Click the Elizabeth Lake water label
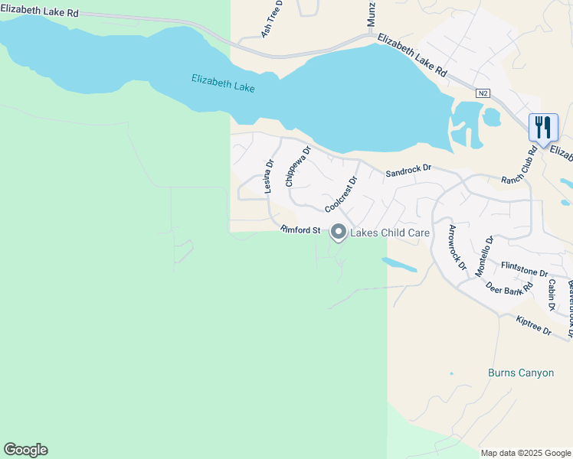click(223, 83)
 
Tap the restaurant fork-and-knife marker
click(543, 128)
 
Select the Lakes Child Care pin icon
click(339, 232)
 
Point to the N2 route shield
click(482, 93)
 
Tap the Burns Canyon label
click(520, 373)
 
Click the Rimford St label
click(300, 229)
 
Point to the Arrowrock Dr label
click(457, 248)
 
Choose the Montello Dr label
click(484, 256)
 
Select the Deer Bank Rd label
click(509, 290)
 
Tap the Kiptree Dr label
click(534, 326)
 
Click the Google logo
click(25, 450)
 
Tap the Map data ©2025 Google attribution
click(526, 453)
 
